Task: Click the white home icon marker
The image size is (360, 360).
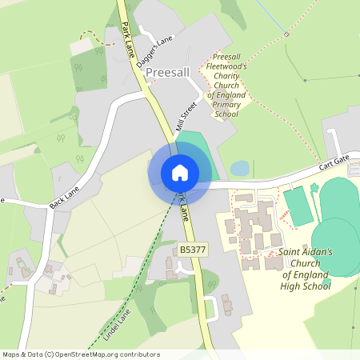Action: (179, 172)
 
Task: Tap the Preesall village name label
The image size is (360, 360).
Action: (166, 73)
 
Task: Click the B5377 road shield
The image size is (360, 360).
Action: (193, 250)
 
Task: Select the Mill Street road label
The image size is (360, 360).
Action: (186, 116)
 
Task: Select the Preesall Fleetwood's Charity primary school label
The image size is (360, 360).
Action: (227, 86)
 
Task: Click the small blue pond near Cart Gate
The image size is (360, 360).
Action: (239, 168)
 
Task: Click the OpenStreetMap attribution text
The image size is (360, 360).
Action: (80, 354)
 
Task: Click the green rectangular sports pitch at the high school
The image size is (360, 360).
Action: (298, 206)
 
